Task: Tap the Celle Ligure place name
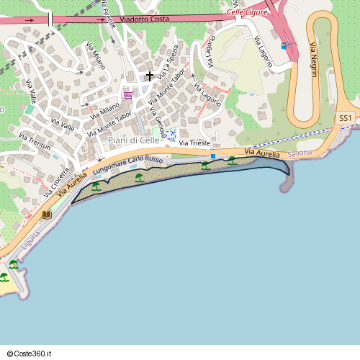click(x=247, y=12)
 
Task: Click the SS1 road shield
click(x=346, y=117)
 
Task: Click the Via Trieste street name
click(x=194, y=144)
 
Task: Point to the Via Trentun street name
click(x=35, y=141)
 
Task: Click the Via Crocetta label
click(x=55, y=182)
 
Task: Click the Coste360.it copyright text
click(x=34, y=354)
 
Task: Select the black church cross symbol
click(x=150, y=76)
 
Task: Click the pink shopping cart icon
click(x=128, y=94)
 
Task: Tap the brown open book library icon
click(x=47, y=215)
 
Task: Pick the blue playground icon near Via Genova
click(x=171, y=136)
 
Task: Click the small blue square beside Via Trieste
click(x=213, y=155)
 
